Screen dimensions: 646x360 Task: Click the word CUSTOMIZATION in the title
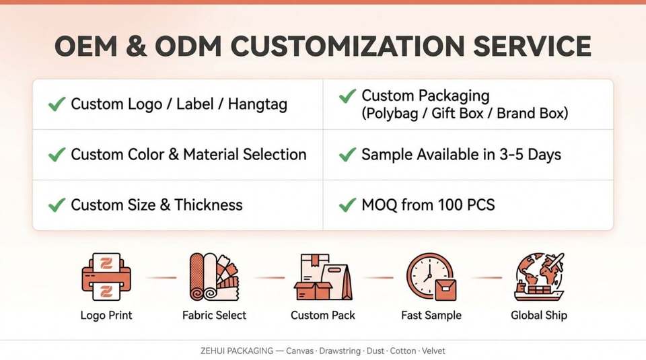click(x=347, y=46)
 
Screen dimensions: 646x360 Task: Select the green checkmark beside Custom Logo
click(x=57, y=104)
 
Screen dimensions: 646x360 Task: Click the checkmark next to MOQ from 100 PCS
click(x=347, y=205)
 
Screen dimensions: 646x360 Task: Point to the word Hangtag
click(x=258, y=104)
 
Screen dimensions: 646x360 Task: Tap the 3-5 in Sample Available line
click(x=511, y=155)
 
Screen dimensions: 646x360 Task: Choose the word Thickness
click(x=209, y=205)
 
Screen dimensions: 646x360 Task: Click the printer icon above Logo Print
click(x=106, y=277)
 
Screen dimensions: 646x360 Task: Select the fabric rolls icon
click(x=214, y=277)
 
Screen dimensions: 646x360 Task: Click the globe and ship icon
click(x=539, y=277)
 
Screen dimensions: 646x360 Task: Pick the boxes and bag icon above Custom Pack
click(x=323, y=277)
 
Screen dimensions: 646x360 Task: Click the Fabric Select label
click(x=214, y=315)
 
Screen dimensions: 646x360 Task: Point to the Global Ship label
click(x=539, y=315)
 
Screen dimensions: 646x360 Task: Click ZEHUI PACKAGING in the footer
click(x=236, y=351)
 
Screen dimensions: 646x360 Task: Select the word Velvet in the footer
click(x=433, y=351)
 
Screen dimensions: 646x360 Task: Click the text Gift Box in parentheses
click(x=458, y=113)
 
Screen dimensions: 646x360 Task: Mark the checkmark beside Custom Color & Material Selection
click(x=57, y=155)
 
